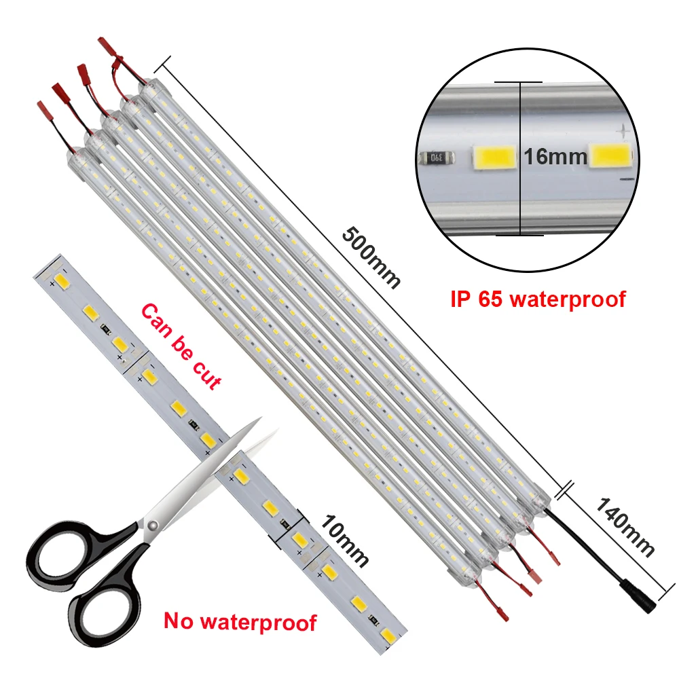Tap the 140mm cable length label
625,527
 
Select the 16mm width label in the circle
555,157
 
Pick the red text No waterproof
240,621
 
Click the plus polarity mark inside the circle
619,129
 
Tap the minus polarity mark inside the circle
625,179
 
